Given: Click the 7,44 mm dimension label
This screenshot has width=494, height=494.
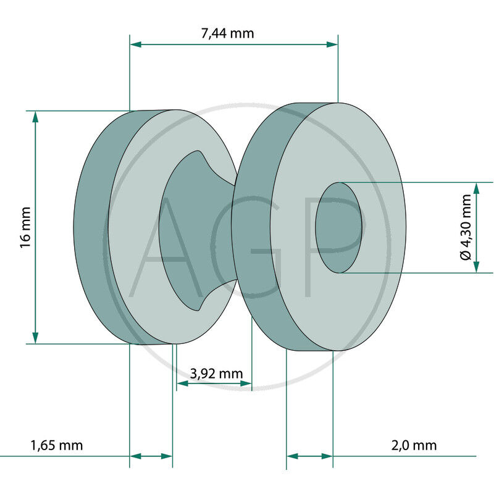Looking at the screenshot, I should click(227, 33).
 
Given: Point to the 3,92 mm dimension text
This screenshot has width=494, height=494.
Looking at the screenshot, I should click(216, 373).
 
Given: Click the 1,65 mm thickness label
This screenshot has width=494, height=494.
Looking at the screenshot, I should click(57, 445).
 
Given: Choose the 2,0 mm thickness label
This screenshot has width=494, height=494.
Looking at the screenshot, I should click(414, 445).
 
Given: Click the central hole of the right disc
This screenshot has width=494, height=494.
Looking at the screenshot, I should click(338, 227).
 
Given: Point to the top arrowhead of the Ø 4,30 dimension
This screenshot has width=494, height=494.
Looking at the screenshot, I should click(476, 188).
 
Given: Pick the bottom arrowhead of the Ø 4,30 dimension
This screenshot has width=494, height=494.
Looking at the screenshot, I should click(476, 267).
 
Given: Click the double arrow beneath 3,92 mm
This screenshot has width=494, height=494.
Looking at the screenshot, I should click(214, 384).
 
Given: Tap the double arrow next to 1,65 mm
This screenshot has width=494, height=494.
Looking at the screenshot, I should click(151, 456).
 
